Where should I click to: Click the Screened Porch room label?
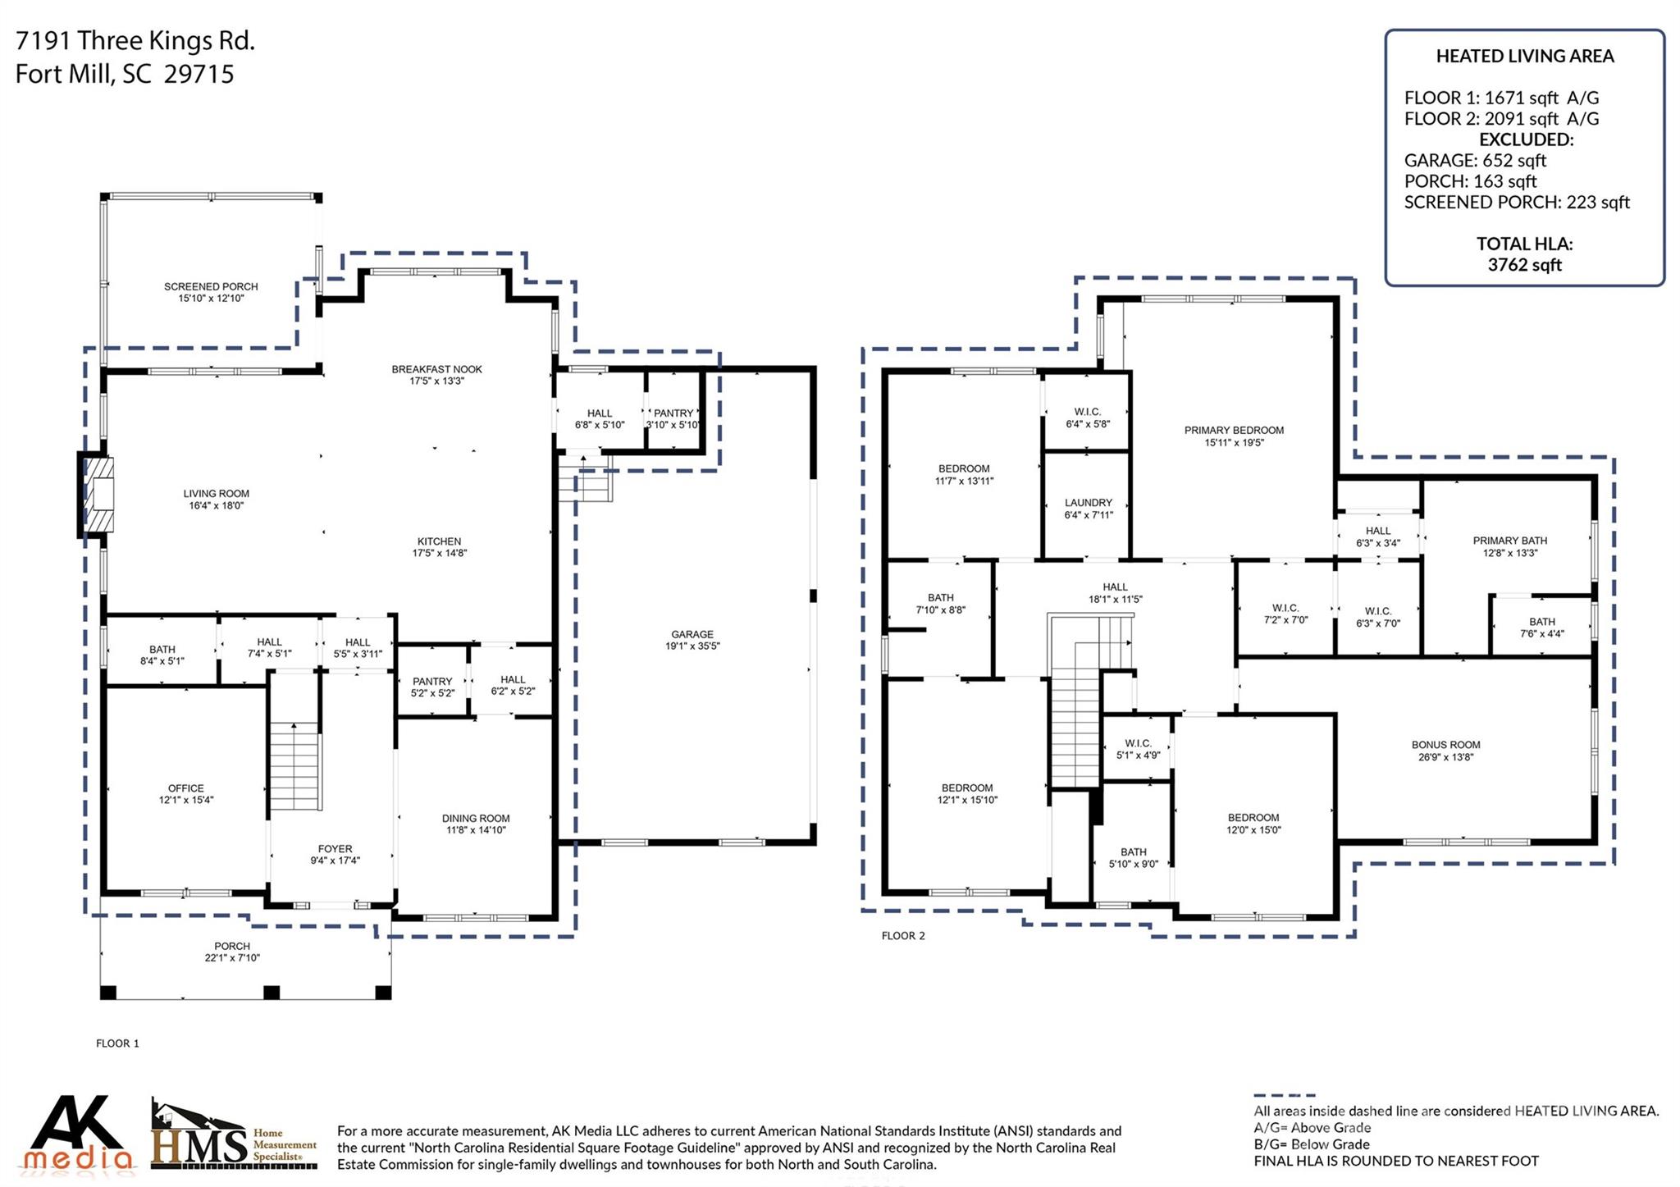tap(211, 287)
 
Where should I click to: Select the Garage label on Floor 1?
tap(692, 634)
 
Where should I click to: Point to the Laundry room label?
tap(1088, 503)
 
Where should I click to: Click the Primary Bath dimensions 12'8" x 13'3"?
tap(1509, 553)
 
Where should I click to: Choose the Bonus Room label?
tap(1445, 745)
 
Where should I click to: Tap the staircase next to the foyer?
tap(294, 766)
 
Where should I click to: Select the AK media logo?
tap(78, 1133)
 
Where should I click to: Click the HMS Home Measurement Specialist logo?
tap(234, 1136)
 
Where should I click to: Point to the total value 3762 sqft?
tap(1524, 265)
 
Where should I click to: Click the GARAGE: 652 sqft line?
tap(1474, 161)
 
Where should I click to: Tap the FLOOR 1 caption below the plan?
tap(117, 1043)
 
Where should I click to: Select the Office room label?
tap(186, 788)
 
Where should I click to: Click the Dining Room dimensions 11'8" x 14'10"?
tap(476, 830)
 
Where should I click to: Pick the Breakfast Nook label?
tap(436, 369)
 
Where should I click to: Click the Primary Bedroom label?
tap(1234, 430)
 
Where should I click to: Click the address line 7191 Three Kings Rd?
tap(135, 41)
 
